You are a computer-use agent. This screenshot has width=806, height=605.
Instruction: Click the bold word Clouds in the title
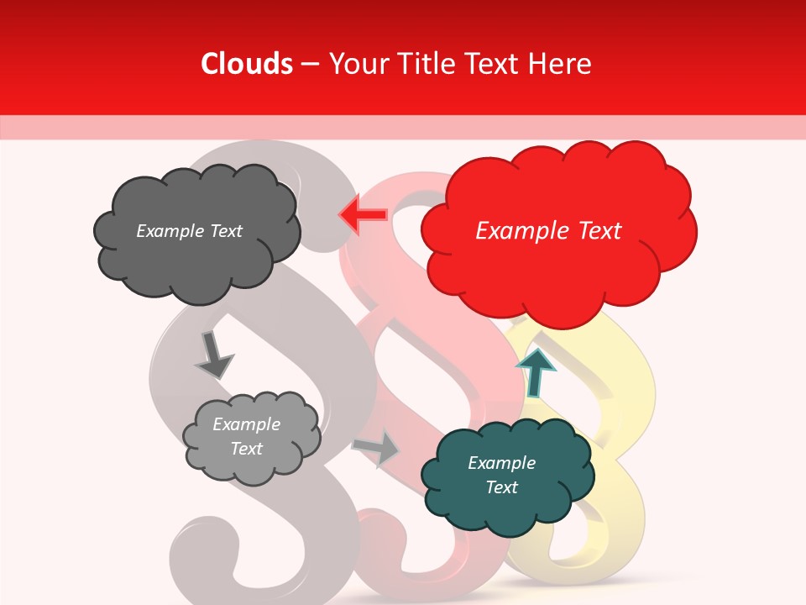[x=247, y=64]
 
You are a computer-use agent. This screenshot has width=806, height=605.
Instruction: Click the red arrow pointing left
[x=362, y=215]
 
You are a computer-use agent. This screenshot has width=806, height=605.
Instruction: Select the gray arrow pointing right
[x=377, y=448]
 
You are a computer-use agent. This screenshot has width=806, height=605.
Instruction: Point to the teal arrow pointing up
[x=535, y=371]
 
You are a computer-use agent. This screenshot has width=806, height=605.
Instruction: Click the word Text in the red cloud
[x=600, y=231]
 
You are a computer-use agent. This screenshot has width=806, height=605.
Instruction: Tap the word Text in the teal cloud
[x=501, y=487]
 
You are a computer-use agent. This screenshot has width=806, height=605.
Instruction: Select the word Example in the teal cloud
[x=501, y=463]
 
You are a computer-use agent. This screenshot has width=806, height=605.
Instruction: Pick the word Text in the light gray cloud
[x=246, y=449]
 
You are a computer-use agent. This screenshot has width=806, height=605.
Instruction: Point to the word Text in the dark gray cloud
[x=225, y=231]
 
